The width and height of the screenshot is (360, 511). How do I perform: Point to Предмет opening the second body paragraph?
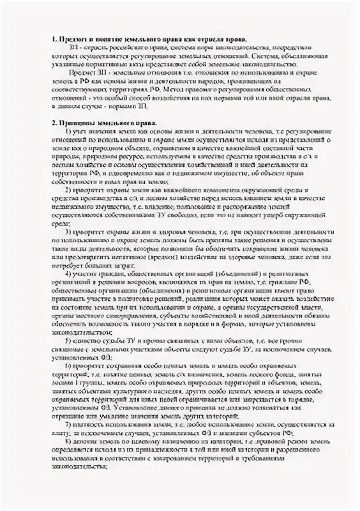coord(80,74)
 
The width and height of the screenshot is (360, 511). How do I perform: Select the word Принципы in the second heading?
coord(76,121)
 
